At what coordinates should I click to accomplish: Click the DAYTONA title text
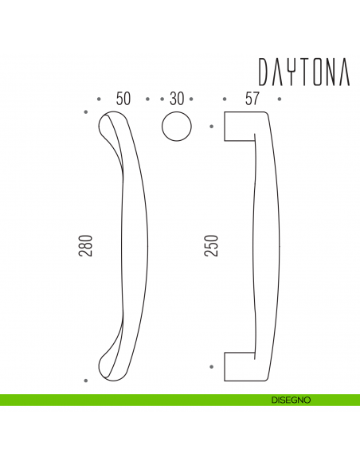(303, 71)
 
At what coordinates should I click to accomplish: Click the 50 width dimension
(123, 99)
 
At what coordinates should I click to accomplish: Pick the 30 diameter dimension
(177, 99)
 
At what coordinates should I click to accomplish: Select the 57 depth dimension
(252, 99)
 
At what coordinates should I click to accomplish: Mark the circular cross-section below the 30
(177, 127)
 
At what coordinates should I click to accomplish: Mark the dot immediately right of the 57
(280, 100)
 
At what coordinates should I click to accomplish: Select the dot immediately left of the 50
(99, 100)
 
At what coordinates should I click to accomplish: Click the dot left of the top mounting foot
(211, 127)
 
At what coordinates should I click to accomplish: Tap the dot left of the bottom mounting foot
(211, 366)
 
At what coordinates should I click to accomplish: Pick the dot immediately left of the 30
(162, 100)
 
